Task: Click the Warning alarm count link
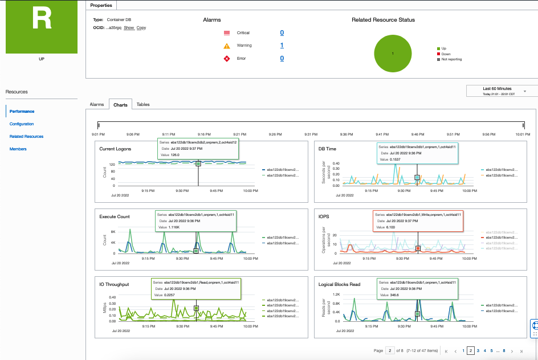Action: [x=282, y=46]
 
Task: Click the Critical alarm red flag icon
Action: [x=227, y=33]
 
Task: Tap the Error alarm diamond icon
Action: [x=227, y=58]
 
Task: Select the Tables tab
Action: [x=143, y=104]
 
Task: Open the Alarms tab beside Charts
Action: [x=97, y=104]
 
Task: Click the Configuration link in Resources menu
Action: [x=22, y=124]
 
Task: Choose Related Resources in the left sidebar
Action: [x=26, y=136]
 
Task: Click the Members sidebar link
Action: [x=18, y=149]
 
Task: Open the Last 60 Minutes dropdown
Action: [x=501, y=91]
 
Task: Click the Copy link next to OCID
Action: [x=141, y=27]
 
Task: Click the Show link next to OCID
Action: [x=129, y=27]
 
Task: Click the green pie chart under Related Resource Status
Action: [x=393, y=53]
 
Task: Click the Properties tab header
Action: [x=101, y=5]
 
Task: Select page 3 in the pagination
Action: [x=478, y=351]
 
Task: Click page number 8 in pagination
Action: [x=504, y=351]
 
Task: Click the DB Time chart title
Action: [x=328, y=149]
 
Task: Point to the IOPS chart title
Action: [x=324, y=216]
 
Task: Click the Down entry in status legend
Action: [x=446, y=54]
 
